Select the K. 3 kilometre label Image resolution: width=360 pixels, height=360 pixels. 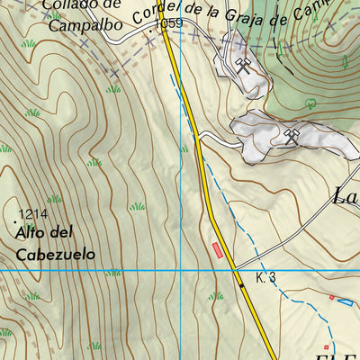tap(265, 278)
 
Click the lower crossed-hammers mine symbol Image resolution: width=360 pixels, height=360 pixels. tap(291, 137)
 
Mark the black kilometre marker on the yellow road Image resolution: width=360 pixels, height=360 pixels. tap(241, 285)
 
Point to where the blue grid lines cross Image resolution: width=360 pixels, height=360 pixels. tap(181, 270)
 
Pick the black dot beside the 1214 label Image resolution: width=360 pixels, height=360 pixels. tap(17, 219)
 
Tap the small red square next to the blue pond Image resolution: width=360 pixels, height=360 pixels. tap(330, 297)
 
